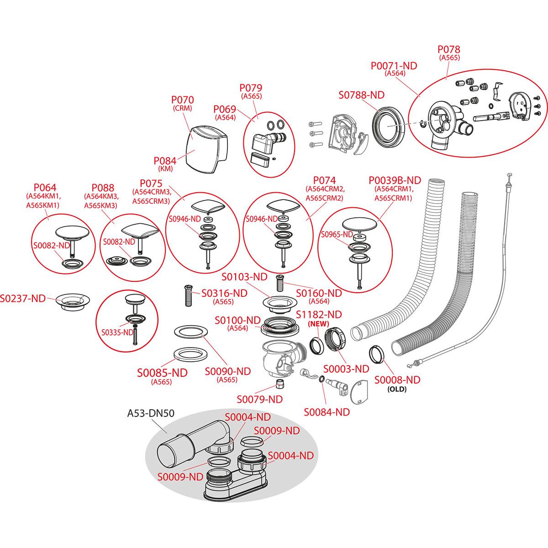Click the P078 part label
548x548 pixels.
[449, 49]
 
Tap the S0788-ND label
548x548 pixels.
[361, 95]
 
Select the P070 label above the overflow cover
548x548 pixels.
[182, 100]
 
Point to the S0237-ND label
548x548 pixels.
[23, 298]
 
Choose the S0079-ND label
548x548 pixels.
[259, 399]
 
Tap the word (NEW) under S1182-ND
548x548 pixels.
[319, 323]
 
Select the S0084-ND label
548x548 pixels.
[327, 412]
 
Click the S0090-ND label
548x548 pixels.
[227, 371]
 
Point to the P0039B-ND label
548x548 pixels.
[394, 181]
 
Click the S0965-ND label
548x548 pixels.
[337, 235]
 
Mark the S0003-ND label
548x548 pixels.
[346, 369]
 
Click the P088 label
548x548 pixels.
[103, 188]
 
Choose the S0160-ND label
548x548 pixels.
[319, 293]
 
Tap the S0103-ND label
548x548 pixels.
[244, 277]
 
